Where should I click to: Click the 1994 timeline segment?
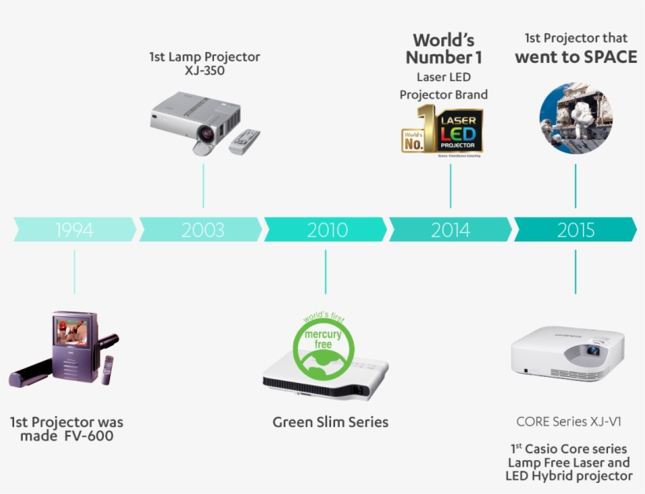pyautogui.click(x=75, y=230)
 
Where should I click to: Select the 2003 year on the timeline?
pyautogui.click(x=202, y=230)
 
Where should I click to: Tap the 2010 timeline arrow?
pyautogui.click(x=326, y=230)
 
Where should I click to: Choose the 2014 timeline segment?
pyautogui.click(x=450, y=230)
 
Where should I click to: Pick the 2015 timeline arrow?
pyautogui.click(x=575, y=230)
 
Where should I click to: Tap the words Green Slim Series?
pyautogui.click(x=330, y=422)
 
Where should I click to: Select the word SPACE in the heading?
pyautogui.click(x=610, y=57)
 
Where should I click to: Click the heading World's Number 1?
pyautogui.click(x=444, y=49)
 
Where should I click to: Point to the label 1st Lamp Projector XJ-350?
pyautogui.click(x=205, y=64)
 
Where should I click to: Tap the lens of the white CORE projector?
pyautogui.click(x=591, y=351)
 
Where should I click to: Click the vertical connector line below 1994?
pyautogui.click(x=75, y=271)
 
